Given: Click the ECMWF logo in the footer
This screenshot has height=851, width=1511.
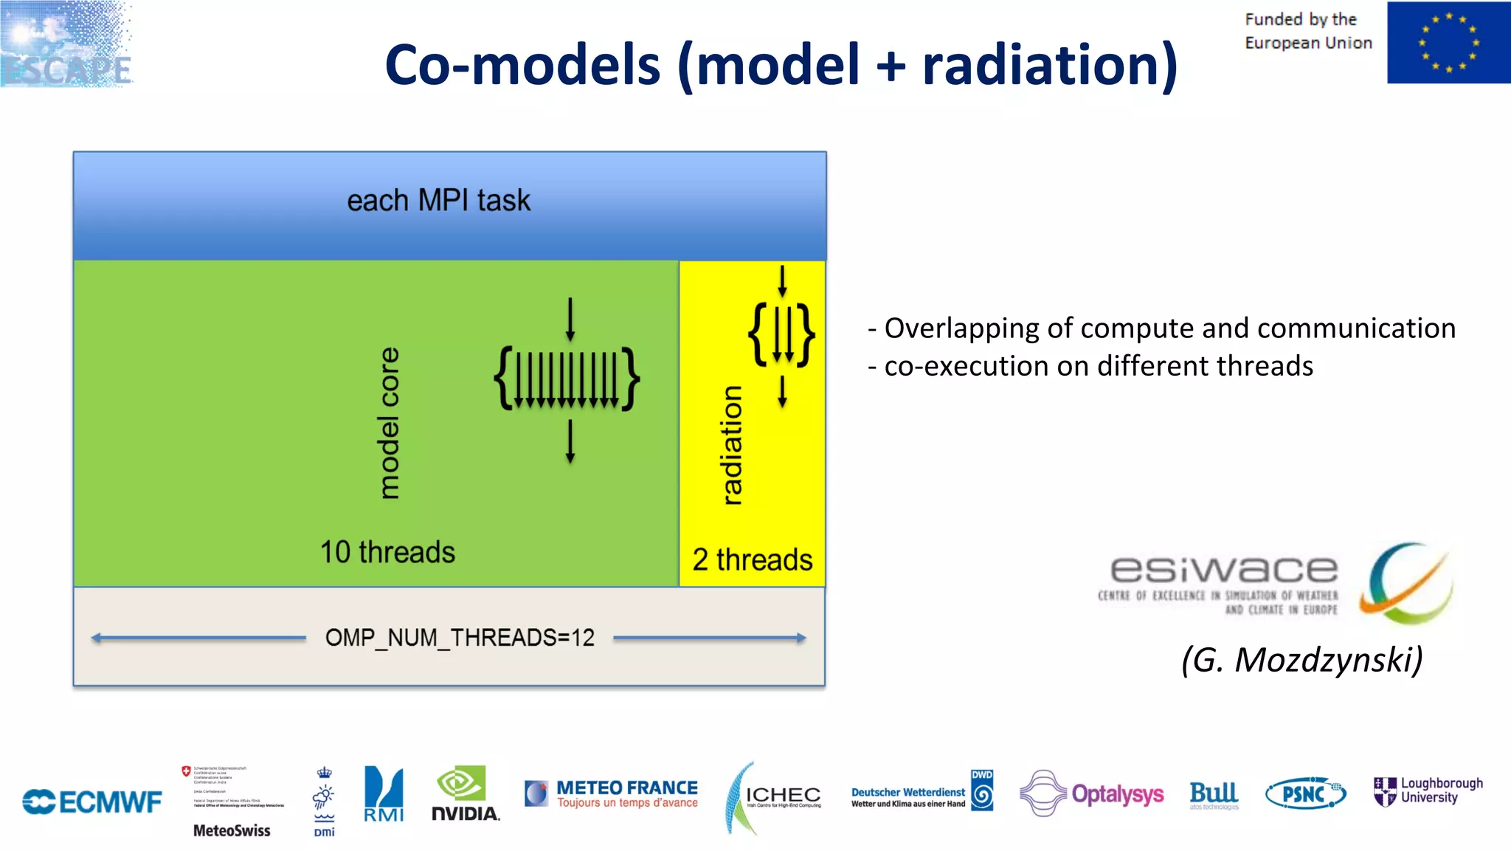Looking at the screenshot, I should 92,802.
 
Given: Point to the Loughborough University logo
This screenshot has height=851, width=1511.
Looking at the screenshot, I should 1428,790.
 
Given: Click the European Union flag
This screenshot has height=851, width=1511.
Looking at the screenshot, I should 1448,43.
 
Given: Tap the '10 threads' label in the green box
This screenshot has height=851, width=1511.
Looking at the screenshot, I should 387,552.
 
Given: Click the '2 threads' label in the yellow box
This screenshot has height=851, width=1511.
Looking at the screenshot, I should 752,559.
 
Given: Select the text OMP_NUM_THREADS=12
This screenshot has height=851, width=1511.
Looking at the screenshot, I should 460,638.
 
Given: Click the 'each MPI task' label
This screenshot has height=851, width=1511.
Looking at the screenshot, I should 438,201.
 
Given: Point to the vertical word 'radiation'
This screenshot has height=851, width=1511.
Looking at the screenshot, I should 731,445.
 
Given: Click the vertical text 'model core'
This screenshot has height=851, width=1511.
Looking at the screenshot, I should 389,423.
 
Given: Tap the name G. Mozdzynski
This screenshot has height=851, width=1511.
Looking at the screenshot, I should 1301,659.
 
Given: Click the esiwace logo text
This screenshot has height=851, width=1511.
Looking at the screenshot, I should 1223,570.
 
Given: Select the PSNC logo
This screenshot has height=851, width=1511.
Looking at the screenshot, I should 1305,794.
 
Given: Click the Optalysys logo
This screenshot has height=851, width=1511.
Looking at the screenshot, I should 1092,794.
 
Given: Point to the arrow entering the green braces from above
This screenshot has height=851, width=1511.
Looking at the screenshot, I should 570,319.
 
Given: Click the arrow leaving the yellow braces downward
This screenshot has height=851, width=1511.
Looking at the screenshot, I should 782,391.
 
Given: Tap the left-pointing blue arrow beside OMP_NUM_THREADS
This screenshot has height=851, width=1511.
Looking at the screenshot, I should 198,638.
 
